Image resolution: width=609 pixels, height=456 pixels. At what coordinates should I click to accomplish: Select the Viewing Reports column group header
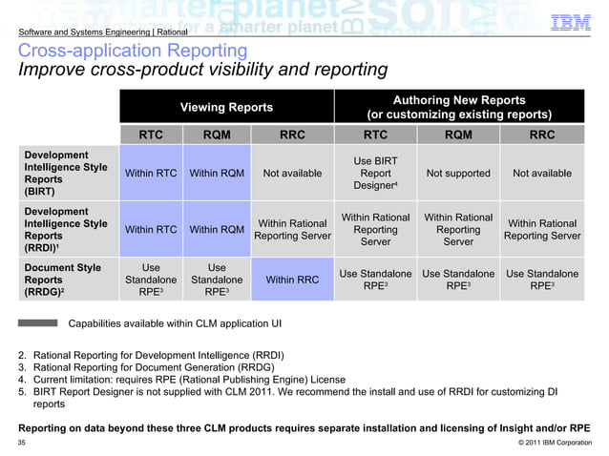pyautogui.click(x=226, y=107)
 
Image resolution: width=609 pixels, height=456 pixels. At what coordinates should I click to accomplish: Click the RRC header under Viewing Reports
pyautogui.click(x=292, y=135)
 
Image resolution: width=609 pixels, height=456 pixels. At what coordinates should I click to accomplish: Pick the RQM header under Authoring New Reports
pyautogui.click(x=458, y=135)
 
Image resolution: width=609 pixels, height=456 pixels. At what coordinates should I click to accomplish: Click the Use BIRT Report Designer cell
pyautogui.click(x=375, y=174)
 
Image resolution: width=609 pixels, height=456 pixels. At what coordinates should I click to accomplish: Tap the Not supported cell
pyautogui.click(x=458, y=174)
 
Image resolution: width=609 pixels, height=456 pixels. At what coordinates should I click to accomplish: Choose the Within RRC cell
pyautogui.click(x=292, y=280)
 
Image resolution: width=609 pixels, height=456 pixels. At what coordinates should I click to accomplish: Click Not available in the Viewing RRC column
pyautogui.click(x=292, y=174)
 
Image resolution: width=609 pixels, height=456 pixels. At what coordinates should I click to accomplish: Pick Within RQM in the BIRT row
pyautogui.click(x=217, y=174)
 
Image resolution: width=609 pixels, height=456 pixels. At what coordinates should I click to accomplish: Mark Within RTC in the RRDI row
pyautogui.click(x=151, y=229)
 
